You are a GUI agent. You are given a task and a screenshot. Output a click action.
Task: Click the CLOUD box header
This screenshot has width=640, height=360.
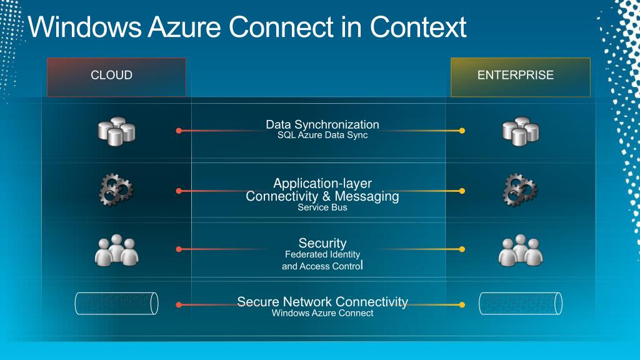(116, 77)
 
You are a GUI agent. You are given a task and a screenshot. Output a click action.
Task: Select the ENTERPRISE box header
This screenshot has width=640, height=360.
(520, 77)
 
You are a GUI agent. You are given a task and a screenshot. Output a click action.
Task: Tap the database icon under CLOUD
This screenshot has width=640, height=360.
(116, 131)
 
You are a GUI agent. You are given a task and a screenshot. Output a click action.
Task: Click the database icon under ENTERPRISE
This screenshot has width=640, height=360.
(520, 131)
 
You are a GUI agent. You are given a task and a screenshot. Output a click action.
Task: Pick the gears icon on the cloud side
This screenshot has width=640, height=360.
(116, 191)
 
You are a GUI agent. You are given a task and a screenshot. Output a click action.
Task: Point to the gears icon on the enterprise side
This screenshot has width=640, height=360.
(520, 191)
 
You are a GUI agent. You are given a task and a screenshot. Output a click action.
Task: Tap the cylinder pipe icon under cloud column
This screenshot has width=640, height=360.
(116, 304)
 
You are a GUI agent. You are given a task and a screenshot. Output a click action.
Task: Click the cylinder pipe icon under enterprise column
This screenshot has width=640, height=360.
(520, 304)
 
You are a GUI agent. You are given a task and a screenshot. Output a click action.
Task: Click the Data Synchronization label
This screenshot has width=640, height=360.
(322, 124)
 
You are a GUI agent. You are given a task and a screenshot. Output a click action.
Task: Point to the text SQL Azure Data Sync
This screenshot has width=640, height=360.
(322, 136)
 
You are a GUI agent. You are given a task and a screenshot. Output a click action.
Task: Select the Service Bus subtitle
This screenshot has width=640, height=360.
(322, 207)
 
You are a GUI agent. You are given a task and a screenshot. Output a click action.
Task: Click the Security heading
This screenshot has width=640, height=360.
(322, 243)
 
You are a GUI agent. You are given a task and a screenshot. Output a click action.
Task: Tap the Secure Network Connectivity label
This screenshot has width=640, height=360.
(322, 302)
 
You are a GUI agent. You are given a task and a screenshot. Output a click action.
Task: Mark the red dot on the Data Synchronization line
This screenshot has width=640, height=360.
(179, 131)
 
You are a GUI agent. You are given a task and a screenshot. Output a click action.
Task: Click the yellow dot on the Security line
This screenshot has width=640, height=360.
(462, 249)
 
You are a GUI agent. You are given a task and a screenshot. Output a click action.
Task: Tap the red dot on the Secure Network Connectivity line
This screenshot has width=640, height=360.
(179, 304)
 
